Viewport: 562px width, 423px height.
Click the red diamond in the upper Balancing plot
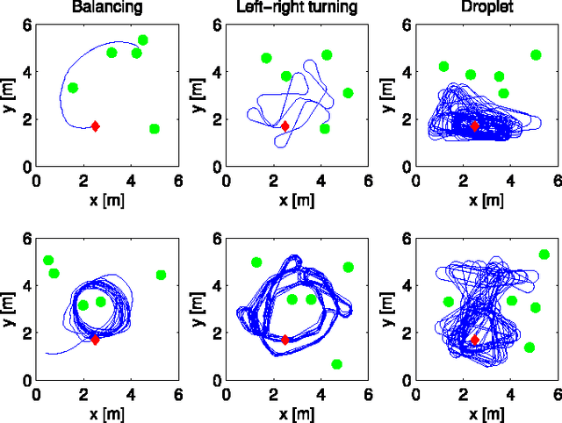[x=95, y=126]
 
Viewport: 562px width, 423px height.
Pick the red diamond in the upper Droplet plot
[x=475, y=126]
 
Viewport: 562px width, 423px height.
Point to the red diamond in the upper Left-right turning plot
[x=285, y=126]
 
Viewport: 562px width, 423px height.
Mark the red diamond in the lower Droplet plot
[x=475, y=340]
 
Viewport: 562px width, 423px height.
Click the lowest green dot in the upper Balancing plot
[x=155, y=129]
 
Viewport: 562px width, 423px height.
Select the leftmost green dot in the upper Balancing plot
[x=73, y=88]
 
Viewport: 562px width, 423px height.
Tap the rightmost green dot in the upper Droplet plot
[x=536, y=55]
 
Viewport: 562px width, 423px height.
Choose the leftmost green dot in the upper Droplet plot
[x=444, y=67]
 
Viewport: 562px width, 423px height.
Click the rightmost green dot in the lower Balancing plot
[x=161, y=276]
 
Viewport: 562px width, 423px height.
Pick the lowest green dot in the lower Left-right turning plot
[x=337, y=364]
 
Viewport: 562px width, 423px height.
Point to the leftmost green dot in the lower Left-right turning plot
[x=256, y=262]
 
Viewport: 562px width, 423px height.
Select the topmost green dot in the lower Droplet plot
[x=544, y=255]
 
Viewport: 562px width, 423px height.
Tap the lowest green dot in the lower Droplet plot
[x=530, y=348]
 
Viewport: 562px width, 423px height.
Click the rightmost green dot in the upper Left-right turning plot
[x=348, y=93]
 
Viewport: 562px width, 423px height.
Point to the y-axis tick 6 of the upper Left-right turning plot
[x=217, y=25]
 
